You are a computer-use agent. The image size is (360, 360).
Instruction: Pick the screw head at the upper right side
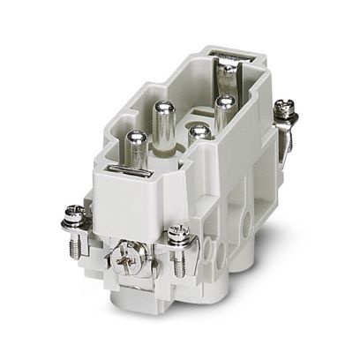(285, 107)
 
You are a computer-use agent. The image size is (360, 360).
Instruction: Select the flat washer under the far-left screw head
(74, 221)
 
